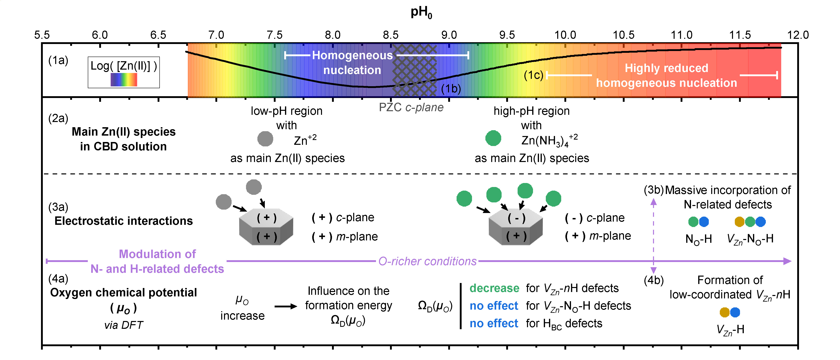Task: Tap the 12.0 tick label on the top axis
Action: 798,35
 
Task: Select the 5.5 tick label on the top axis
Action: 42,35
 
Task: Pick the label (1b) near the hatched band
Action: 451,89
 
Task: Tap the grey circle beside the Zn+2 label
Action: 265,139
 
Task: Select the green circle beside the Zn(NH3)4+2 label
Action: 493,138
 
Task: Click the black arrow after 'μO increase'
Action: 286,306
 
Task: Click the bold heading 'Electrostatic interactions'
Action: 124,221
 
